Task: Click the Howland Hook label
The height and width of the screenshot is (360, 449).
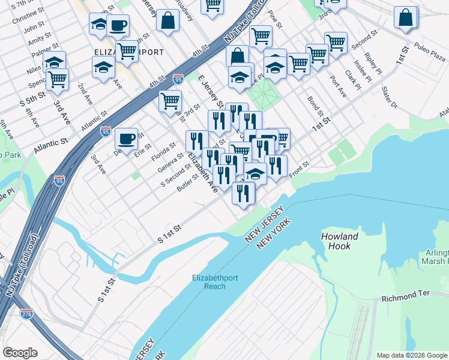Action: pyautogui.click(x=340, y=241)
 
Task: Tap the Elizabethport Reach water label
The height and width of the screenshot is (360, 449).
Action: pyautogui.click(x=217, y=281)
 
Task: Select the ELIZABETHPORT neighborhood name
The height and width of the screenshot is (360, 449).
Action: pyautogui.click(x=137, y=52)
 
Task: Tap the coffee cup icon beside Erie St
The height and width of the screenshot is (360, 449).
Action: pyautogui.click(x=126, y=139)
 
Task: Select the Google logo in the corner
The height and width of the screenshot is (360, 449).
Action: pyautogui.click(x=20, y=352)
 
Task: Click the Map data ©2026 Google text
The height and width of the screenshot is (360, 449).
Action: pyautogui.click(x=411, y=355)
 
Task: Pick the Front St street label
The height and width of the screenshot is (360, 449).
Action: pyautogui.click(x=298, y=169)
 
